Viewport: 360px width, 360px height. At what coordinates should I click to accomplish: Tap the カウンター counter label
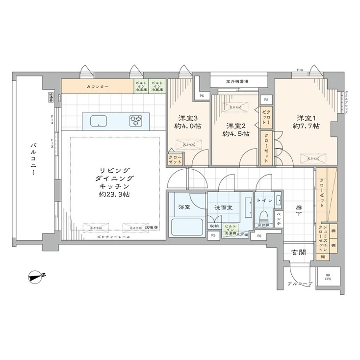(x=98, y=87)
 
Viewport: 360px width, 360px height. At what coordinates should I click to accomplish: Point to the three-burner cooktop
(x=136, y=120)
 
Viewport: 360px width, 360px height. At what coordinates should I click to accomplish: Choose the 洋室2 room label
(x=235, y=125)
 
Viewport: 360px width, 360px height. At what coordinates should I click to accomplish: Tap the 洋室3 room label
(x=188, y=118)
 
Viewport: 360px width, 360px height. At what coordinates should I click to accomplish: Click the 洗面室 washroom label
(x=223, y=207)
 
